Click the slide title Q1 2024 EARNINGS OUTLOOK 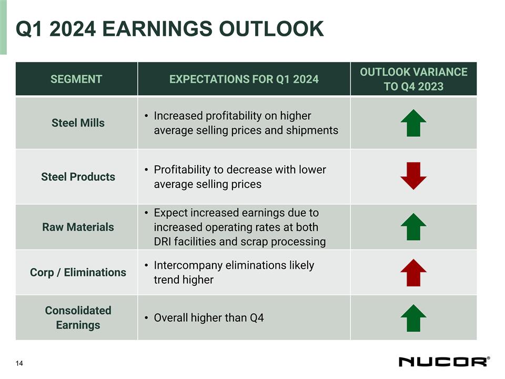[170, 29]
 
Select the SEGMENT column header [76, 79]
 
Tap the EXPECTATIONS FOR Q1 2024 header [244, 79]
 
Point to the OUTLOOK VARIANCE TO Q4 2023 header [413, 79]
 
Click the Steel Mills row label [78, 123]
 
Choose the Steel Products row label [78, 177]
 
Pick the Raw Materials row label [78, 227]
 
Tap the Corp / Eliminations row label [78, 272]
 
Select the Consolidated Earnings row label [78, 317]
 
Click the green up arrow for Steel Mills [413, 123]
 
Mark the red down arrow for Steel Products [413, 176]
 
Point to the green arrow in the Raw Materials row [413, 226]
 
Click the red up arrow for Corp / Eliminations [413, 272]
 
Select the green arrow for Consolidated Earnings [413, 317]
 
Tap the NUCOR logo [444, 362]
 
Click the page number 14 [19, 363]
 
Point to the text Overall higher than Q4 [208, 318]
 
